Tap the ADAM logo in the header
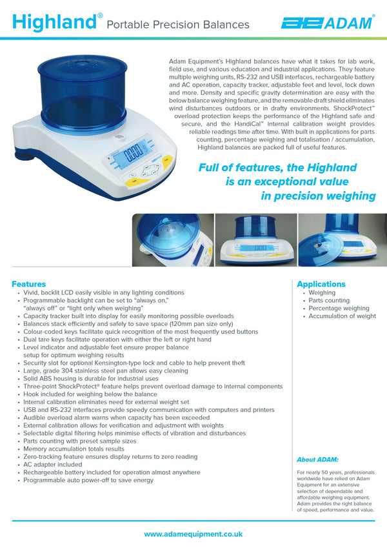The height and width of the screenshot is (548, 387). click(327, 23)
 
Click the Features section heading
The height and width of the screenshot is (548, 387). click(28, 284)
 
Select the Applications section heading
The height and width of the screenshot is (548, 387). click(321, 284)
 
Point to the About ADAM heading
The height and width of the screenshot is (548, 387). click(317, 460)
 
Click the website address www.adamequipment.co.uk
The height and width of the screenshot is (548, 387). click(193, 534)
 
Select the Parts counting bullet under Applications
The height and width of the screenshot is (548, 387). click(329, 301)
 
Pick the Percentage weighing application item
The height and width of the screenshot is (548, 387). click(339, 309)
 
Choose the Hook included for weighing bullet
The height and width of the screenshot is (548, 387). click(90, 394)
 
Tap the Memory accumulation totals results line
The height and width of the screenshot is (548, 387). click(74, 449)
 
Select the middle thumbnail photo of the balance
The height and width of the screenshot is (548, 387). click(255, 239)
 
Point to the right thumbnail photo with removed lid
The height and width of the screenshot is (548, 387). click(342, 239)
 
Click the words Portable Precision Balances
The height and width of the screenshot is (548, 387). click(177, 25)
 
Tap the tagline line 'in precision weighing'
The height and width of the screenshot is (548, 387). click(318, 196)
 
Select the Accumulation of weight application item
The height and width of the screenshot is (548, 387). click(342, 316)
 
